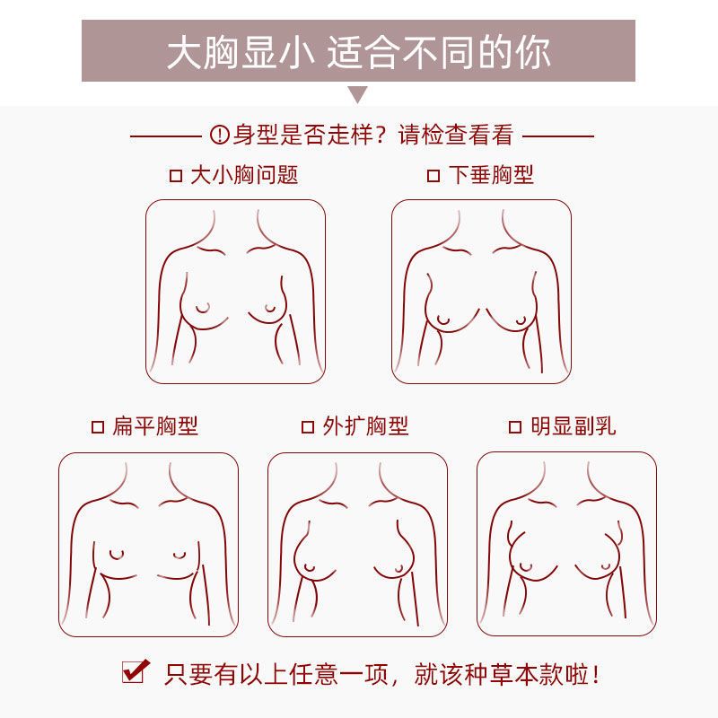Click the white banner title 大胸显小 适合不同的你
click(358, 53)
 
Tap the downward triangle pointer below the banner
click(358, 94)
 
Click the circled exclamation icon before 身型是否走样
click(219, 135)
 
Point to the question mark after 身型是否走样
click(379, 136)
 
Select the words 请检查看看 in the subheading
click(456, 136)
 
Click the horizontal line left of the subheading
click(166, 136)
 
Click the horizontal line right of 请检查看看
click(558, 136)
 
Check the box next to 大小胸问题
click(176, 176)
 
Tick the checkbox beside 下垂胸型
click(433, 176)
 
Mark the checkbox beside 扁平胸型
click(98, 427)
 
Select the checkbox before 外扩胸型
click(308, 427)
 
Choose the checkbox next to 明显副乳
click(515, 427)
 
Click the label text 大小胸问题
click(244, 175)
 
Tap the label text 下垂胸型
click(491, 175)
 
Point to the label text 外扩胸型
click(365, 426)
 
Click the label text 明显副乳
click(574, 426)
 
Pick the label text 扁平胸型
click(155, 426)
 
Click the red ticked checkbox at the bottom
click(136, 671)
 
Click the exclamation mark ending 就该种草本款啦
click(595, 675)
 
